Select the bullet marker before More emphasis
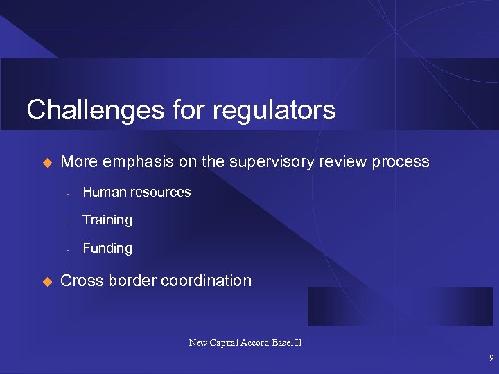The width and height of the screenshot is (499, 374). coord(48,162)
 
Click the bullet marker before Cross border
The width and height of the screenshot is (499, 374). coord(48,281)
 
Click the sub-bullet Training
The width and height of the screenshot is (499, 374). coord(107,220)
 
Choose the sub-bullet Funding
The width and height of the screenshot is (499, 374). coord(107,248)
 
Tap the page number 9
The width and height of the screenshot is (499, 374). coord(491,359)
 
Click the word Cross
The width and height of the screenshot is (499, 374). coord(80,280)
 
